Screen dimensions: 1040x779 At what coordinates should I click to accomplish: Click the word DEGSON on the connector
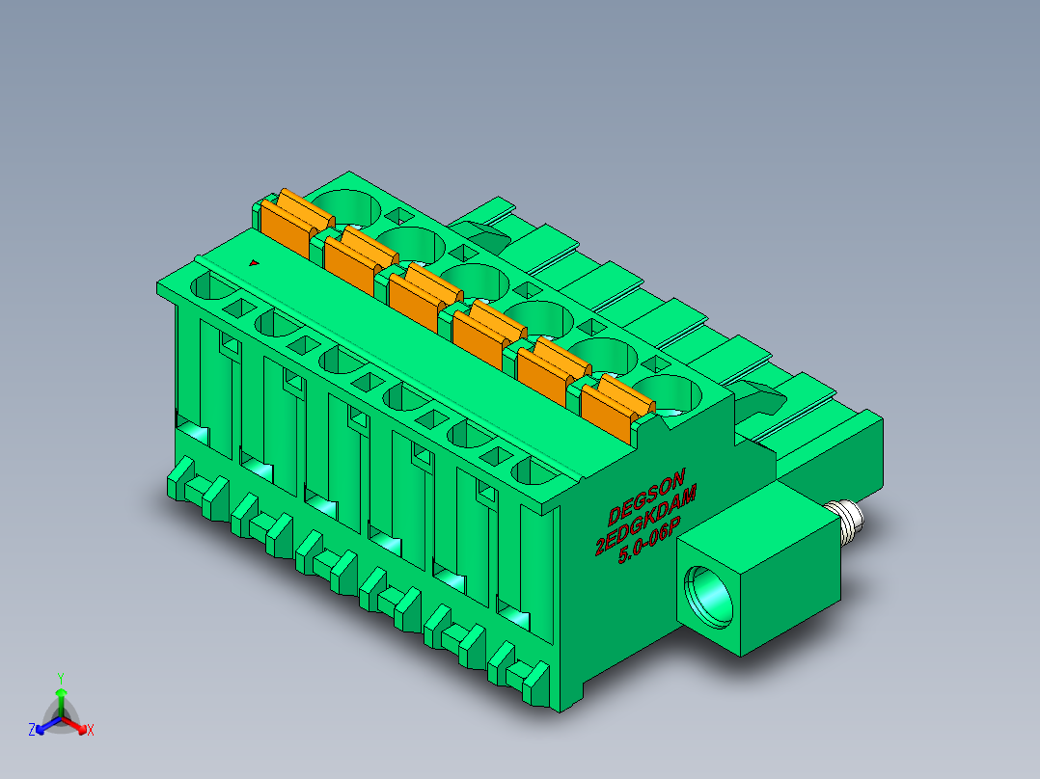point(645,496)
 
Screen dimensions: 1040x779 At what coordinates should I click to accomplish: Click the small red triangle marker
point(254,263)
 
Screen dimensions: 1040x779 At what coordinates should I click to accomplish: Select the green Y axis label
point(61,678)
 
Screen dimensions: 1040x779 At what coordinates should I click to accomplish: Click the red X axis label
point(91,730)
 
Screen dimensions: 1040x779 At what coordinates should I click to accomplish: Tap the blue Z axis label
point(32,730)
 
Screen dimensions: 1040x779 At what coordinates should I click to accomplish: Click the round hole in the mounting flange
point(709,597)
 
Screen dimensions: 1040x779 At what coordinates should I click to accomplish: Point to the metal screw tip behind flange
point(846,517)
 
